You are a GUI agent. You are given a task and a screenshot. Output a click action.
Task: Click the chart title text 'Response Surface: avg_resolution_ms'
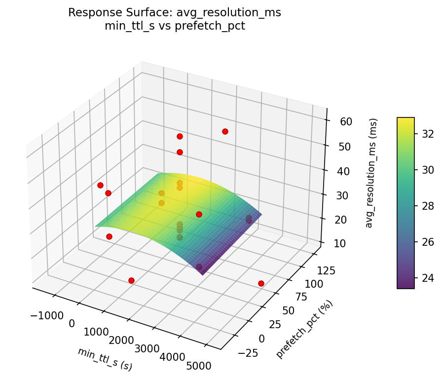coord(175,13)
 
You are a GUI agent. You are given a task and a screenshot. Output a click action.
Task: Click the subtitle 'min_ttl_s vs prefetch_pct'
coord(175,26)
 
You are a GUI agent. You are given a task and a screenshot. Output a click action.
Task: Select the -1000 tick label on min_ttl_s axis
coord(47,316)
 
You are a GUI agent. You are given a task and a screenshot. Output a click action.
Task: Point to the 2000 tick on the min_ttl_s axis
coord(122,341)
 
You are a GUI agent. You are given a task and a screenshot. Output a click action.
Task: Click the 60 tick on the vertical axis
coord(340,122)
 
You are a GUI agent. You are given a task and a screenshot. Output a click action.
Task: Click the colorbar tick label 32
coord(428,134)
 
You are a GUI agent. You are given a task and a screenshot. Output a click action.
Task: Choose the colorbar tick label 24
coord(428,278)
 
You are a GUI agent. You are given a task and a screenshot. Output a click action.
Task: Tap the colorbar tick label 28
coord(428,206)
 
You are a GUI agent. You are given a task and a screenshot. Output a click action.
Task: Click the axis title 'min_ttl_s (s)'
coord(105,359)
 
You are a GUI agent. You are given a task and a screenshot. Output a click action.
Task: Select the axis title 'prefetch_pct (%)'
coord(304,329)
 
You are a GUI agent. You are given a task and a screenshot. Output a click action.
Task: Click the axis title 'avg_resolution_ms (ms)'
coord(373,173)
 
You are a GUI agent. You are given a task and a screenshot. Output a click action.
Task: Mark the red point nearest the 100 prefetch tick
coord(261,283)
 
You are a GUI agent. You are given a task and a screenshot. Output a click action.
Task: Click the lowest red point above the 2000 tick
coord(131,280)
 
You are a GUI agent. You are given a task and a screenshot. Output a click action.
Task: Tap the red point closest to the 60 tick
coord(225,131)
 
